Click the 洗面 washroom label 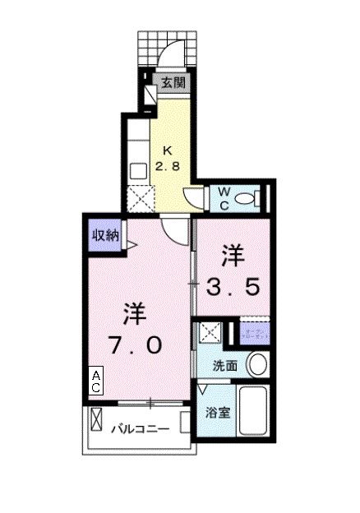(225, 366)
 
